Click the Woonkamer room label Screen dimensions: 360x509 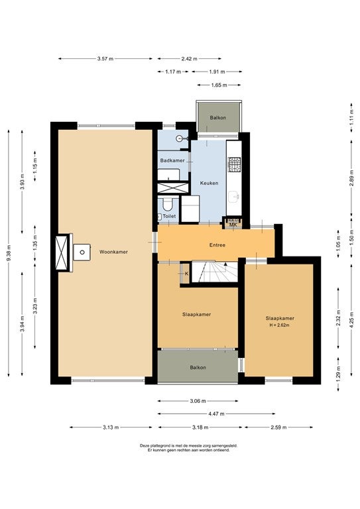[x=113, y=252]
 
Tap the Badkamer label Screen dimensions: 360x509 [x=172, y=160]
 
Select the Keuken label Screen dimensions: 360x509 [x=209, y=183]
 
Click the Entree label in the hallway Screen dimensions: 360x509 [x=217, y=245]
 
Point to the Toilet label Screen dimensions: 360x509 [x=169, y=216]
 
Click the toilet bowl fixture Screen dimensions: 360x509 [x=168, y=203]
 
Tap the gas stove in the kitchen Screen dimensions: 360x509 [x=234, y=164]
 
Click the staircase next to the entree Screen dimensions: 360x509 [x=215, y=272]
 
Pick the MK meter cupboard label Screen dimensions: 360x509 [x=233, y=225]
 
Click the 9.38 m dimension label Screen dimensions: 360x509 [x=9, y=253]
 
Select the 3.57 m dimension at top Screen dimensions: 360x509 [x=105, y=59]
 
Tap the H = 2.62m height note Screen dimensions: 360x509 [x=279, y=325]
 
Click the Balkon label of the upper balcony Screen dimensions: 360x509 [x=218, y=118]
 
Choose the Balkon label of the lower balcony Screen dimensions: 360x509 [x=198, y=367]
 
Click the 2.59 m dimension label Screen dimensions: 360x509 [x=278, y=427]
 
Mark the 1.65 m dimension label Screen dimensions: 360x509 [x=219, y=85]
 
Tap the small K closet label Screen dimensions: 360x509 [x=187, y=274]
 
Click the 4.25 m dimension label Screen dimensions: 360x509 [x=351, y=319]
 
